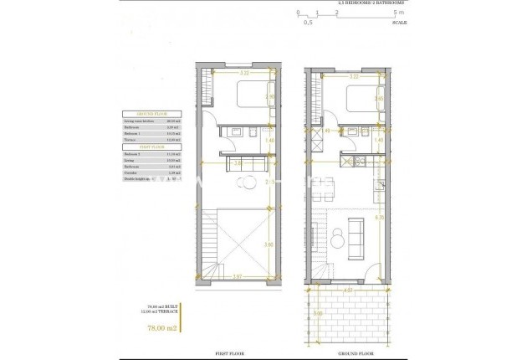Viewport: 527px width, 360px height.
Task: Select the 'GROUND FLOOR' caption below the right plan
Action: point(344,354)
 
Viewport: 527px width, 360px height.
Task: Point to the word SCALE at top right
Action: point(399,23)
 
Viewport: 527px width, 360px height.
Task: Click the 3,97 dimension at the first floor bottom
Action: point(237,275)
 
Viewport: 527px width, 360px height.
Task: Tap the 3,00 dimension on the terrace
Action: point(318,315)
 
